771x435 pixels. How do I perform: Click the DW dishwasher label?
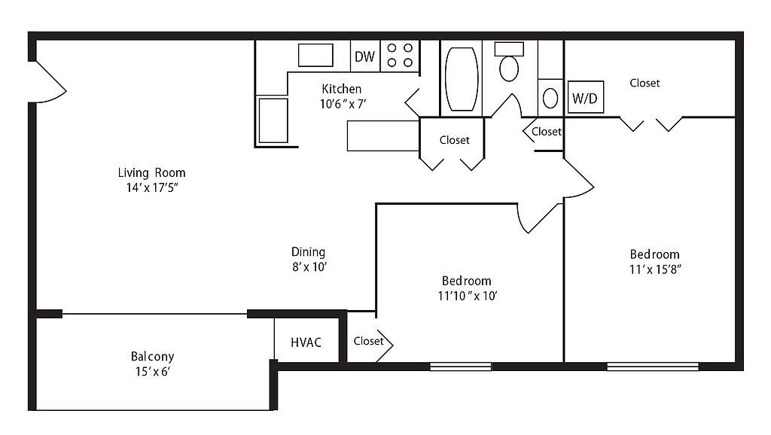point(364,56)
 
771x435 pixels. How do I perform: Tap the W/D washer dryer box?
point(586,97)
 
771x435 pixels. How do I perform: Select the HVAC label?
point(306,342)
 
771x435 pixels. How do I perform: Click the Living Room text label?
point(151,172)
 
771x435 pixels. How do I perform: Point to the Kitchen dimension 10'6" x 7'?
point(343,104)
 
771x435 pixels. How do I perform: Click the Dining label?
point(308,252)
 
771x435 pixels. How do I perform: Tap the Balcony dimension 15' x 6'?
point(152,372)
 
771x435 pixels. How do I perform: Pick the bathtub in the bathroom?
point(462,78)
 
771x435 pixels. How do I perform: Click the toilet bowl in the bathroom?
point(509,68)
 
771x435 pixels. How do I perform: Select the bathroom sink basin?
point(550,99)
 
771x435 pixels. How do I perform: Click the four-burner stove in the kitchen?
point(400,56)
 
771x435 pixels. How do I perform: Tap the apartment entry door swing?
point(49,82)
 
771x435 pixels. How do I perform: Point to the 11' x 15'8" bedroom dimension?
point(655,269)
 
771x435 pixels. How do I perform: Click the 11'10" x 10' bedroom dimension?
point(468,296)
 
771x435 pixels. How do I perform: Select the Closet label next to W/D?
point(645,83)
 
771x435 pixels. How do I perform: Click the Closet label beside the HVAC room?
point(368,341)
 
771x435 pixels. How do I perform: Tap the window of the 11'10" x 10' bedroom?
point(460,367)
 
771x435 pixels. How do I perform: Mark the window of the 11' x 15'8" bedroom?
point(653,367)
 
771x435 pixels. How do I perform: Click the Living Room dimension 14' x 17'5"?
point(151,187)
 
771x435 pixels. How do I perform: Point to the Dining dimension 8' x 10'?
point(309,267)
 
